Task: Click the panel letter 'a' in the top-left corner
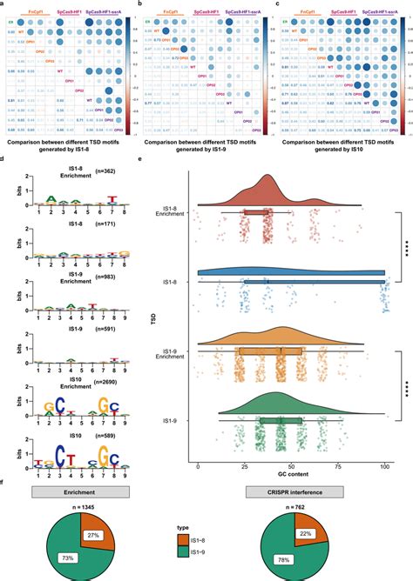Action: click(x=3, y=4)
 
